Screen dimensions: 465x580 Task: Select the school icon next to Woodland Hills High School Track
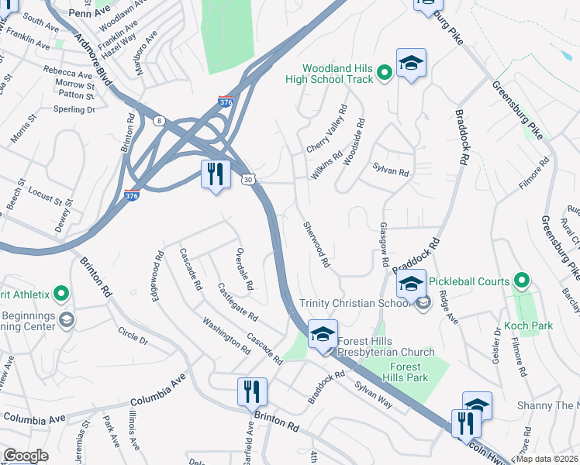[411, 65]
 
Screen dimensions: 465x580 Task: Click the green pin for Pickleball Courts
[522, 281]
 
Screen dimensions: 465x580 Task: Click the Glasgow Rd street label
[383, 245]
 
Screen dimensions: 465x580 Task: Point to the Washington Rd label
[226, 336]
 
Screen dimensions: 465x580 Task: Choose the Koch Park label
[528, 325]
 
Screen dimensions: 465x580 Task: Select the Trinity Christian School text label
[354, 303]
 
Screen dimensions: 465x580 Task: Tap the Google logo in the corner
[26, 456]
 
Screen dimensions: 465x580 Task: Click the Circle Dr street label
[133, 336]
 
